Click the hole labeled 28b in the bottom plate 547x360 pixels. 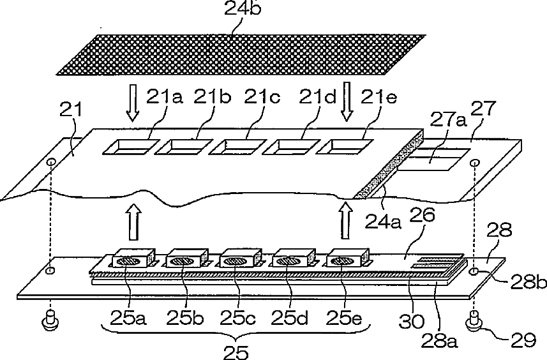pos(474,272)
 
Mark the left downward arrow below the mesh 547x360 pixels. pos(132,104)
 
